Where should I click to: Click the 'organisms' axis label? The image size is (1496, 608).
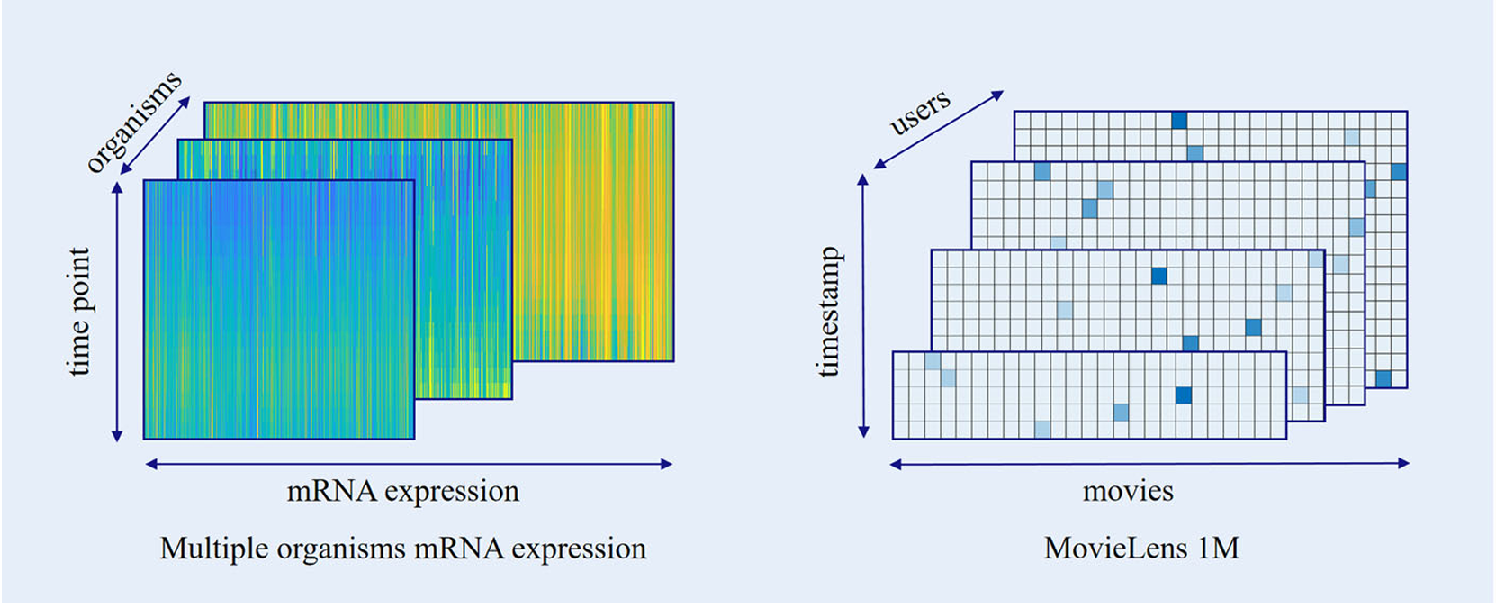point(134,121)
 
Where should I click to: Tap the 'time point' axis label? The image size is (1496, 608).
point(80,311)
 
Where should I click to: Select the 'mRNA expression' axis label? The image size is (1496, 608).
point(402,491)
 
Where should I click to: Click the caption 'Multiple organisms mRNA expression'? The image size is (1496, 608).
point(402,548)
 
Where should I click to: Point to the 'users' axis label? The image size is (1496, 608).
point(919,112)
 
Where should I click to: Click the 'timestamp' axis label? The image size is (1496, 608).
point(828,311)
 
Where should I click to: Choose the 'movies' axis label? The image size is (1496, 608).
point(1128,491)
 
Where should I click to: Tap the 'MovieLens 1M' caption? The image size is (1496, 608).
point(1141,548)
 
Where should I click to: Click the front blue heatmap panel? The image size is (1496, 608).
point(279,310)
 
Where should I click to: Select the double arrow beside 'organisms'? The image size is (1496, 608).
point(156,134)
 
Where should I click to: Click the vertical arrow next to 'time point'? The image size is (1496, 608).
point(117,311)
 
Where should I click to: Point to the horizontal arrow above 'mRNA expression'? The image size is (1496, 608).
point(409,464)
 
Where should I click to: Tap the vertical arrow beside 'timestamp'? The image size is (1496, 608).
point(863,305)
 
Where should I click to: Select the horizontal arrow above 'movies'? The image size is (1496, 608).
point(1149,464)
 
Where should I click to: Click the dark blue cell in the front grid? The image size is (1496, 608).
point(1184,395)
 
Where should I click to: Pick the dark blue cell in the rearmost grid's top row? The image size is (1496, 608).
point(1179,121)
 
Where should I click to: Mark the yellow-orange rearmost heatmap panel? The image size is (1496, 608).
point(594,225)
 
